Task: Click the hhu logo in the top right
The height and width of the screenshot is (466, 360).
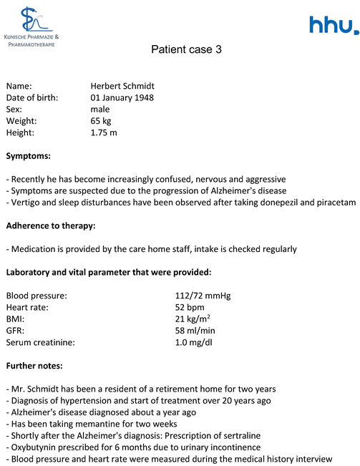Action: pyautogui.click(x=334, y=26)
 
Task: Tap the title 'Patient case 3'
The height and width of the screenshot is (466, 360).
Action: pyautogui.click(x=181, y=50)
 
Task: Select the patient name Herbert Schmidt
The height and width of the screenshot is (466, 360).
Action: pyautogui.click(x=127, y=86)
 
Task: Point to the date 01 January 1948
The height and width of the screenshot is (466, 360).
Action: pyautogui.click(x=122, y=97)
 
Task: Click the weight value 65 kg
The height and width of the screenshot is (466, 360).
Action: pyautogui.click(x=101, y=120)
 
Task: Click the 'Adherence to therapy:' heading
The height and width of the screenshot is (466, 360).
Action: pyautogui.click(x=50, y=225)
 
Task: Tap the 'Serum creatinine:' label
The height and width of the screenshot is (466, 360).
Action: pyautogui.click(x=40, y=342)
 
